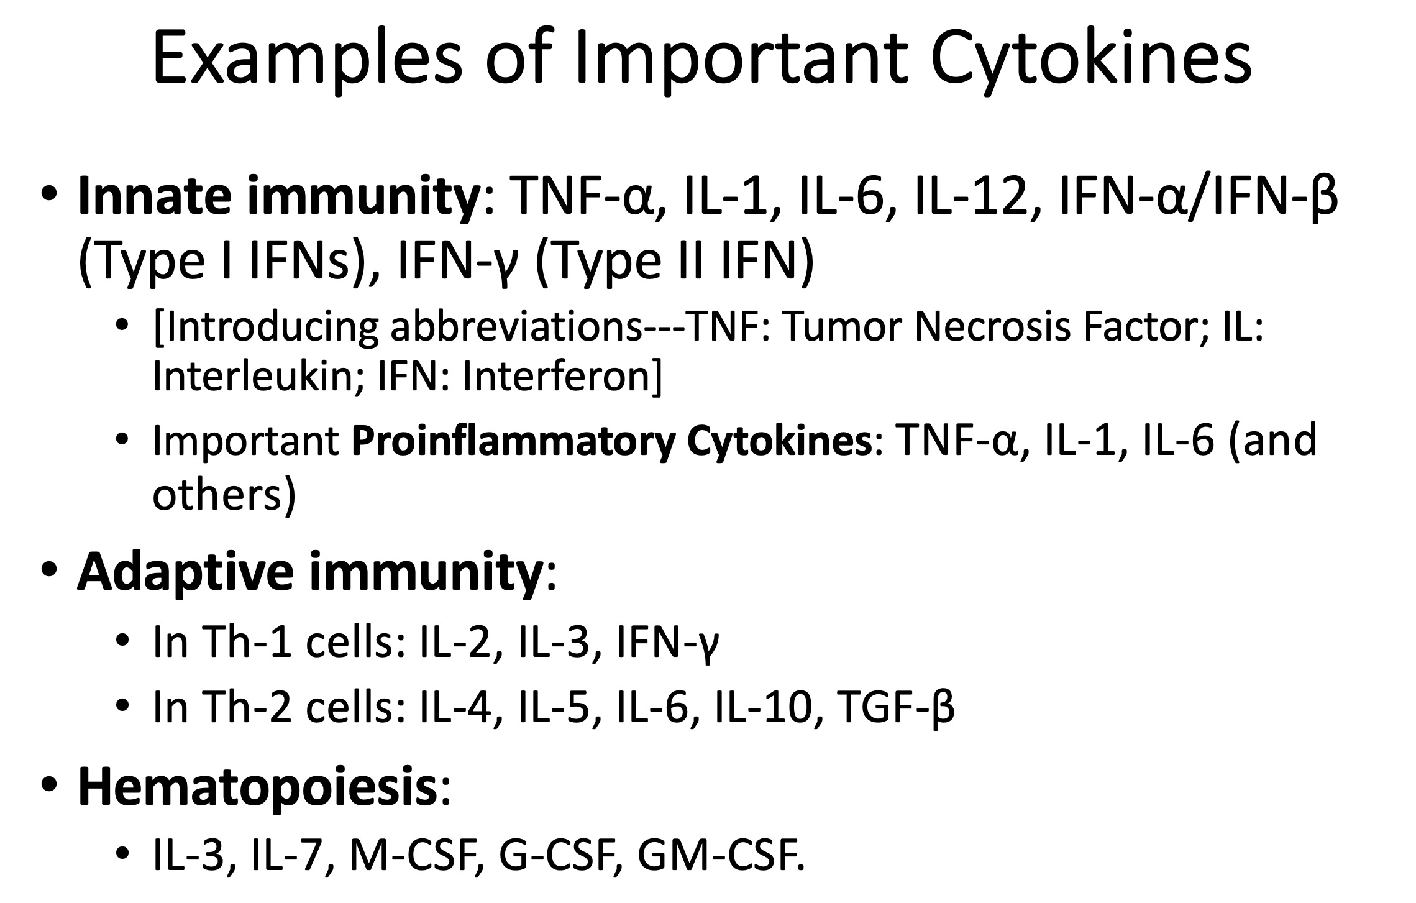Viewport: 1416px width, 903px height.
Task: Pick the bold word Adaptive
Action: tap(186, 572)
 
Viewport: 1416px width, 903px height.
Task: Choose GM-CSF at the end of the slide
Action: tap(720, 857)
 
